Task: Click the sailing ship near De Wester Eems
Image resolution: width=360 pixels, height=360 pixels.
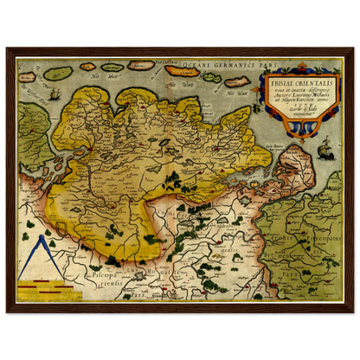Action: (53, 93)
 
